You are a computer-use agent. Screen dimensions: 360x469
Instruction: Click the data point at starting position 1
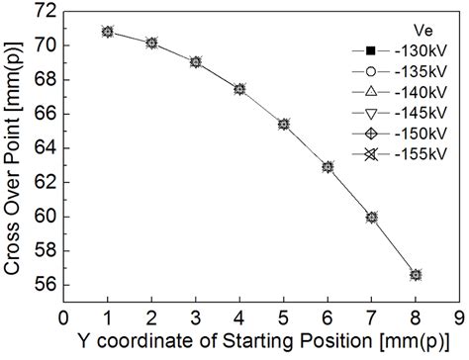[107, 32]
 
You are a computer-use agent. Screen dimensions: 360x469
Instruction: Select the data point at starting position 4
[239, 89]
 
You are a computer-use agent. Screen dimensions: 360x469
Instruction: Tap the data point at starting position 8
[416, 275]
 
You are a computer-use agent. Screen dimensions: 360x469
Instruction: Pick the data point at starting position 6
[328, 167]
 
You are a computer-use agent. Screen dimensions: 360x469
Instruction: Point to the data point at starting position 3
[196, 61]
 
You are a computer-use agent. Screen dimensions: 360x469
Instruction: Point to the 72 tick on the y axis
[43, 11]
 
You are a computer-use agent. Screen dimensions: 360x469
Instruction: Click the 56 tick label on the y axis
[43, 285]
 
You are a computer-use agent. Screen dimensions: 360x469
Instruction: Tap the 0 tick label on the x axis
[62, 318]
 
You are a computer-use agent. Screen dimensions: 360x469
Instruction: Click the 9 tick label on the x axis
[459, 318]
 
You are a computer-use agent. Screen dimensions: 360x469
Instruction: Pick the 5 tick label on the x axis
[283, 318]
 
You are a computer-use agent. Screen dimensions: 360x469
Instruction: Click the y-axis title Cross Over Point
[14, 148]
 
